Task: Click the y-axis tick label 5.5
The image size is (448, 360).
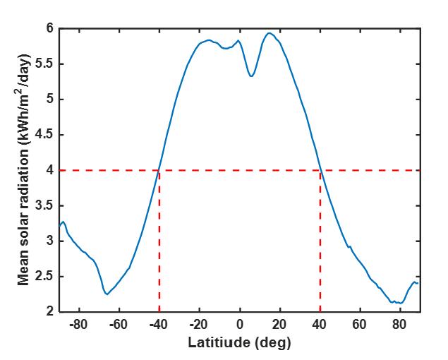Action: pyautogui.click(x=44, y=64)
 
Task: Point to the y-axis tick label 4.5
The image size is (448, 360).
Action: pyautogui.click(x=44, y=135)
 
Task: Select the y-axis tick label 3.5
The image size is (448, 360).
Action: pyautogui.click(x=44, y=205)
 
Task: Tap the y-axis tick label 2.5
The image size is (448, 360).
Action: pyautogui.click(x=44, y=276)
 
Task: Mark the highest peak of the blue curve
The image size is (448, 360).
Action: pyautogui.click(x=269, y=32)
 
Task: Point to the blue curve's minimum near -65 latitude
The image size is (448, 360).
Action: pyautogui.click(x=107, y=294)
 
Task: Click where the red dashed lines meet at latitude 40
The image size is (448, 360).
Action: pyautogui.click(x=320, y=170)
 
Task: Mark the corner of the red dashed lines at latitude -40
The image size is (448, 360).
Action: pyautogui.click(x=159, y=170)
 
